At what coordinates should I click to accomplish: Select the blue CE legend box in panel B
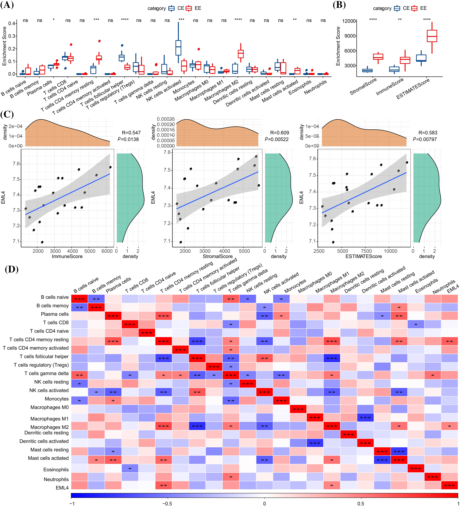click(397, 8)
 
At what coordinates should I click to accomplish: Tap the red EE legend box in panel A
click(189, 8)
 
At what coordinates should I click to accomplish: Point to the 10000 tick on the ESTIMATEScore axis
click(390, 251)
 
